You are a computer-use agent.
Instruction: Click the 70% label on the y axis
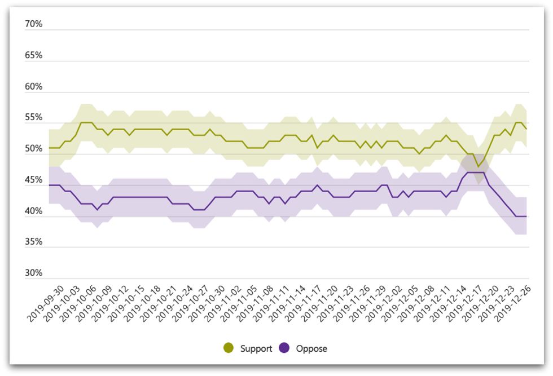(x=34, y=24)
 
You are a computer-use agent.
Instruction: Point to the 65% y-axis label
(x=34, y=55)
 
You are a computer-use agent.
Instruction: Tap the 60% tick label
(x=34, y=87)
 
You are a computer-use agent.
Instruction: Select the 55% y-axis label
(x=34, y=118)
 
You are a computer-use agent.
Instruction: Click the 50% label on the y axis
(x=34, y=149)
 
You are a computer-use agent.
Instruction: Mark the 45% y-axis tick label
(x=34, y=180)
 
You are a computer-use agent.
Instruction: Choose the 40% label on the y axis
(x=34, y=211)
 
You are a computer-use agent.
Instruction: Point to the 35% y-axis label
(x=34, y=242)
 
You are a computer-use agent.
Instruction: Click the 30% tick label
(x=34, y=273)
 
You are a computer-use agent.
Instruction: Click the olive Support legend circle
(x=229, y=348)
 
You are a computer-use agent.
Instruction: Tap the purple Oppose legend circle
(x=284, y=348)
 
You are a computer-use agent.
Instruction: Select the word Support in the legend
(x=256, y=348)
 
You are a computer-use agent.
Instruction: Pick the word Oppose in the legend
(x=311, y=348)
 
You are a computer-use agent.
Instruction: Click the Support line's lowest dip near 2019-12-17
(x=479, y=166)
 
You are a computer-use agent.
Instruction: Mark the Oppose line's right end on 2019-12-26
(x=526, y=216)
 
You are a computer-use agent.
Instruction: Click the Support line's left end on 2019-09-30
(x=50, y=148)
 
